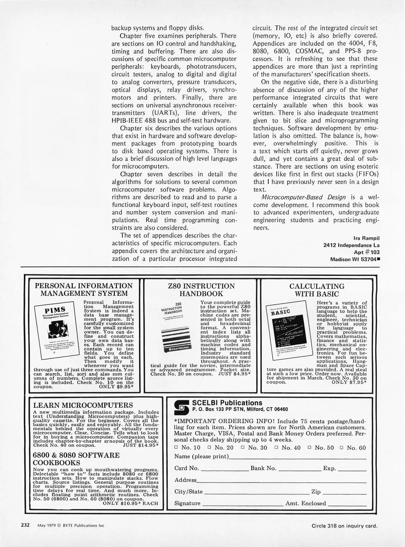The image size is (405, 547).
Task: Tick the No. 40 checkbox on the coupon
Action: (276, 447)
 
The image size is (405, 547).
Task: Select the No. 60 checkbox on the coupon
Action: (341, 447)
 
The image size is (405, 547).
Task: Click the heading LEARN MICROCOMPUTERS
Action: (83, 405)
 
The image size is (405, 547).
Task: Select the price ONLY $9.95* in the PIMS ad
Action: (116, 387)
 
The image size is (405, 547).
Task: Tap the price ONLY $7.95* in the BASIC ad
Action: (349, 382)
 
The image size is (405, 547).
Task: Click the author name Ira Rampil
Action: (367, 238)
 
